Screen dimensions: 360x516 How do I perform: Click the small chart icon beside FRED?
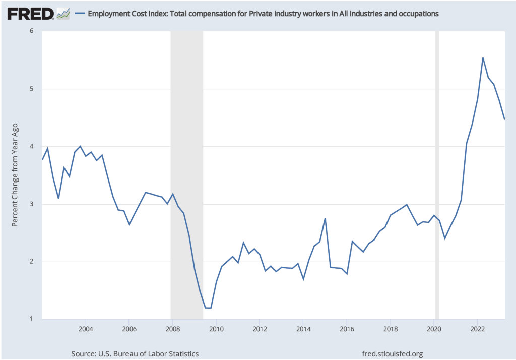63,14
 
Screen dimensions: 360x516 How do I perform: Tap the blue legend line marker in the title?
79,14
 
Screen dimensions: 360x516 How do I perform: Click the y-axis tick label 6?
31,31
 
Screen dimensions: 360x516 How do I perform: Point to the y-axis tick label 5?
31,89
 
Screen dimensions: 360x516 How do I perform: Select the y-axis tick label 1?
31,319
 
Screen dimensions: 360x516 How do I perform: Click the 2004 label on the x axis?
86,329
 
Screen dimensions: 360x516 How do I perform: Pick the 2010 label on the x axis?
216,329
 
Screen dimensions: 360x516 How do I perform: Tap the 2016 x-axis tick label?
347,329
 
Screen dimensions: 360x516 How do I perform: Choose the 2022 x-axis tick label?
478,329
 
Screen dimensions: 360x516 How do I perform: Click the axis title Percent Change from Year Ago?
15,175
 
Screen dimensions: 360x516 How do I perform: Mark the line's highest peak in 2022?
483,58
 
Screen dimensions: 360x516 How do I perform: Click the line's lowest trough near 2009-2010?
208,308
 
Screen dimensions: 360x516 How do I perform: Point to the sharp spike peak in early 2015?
325,218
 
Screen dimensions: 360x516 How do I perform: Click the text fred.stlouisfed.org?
393,353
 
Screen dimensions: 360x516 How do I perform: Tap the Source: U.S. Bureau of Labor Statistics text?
136,353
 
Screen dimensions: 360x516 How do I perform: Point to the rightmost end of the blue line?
504,119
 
